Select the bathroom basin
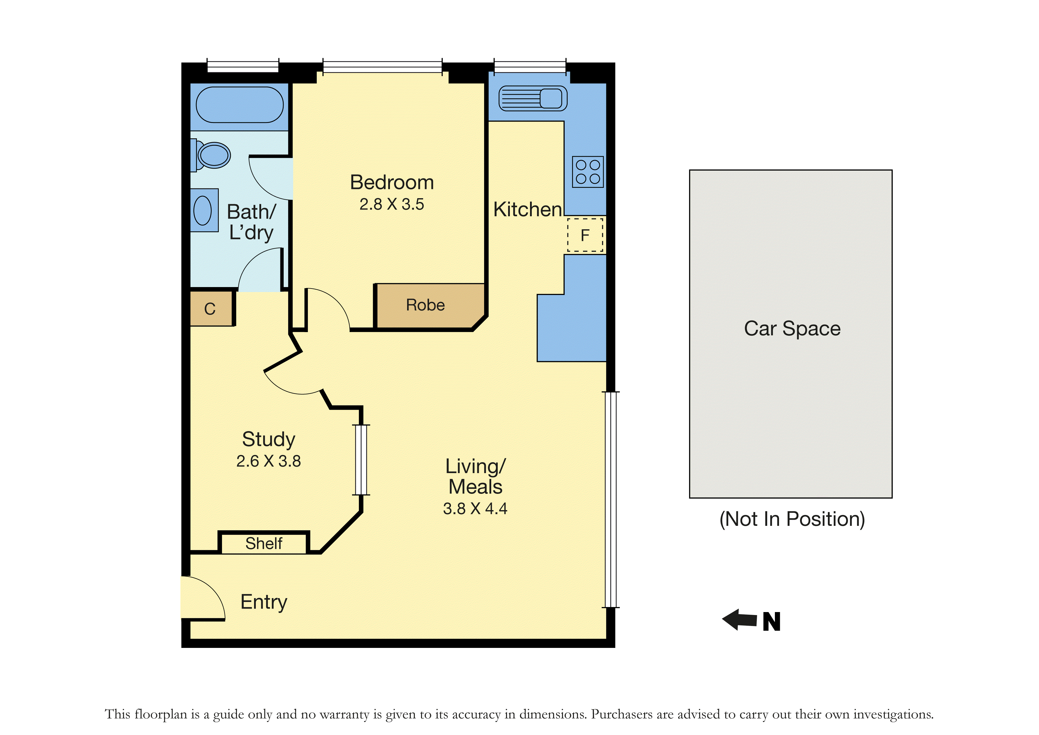point(204,210)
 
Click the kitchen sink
point(533,98)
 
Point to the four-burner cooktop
point(588,172)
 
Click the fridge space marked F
point(585,235)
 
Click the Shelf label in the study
point(264,543)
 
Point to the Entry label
point(264,602)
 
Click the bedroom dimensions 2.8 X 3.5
point(392,204)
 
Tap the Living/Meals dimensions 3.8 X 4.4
point(475,509)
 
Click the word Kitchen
point(528,210)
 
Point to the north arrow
point(739,619)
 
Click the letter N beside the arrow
point(772,621)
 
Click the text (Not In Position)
point(792,519)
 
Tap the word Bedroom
point(392,182)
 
